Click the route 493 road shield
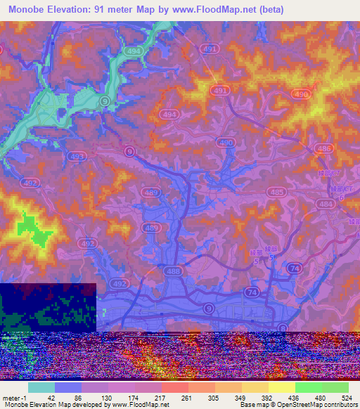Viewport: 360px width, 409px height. coord(77,156)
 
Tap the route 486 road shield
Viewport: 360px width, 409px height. coord(324,148)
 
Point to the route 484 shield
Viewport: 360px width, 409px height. coord(325,203)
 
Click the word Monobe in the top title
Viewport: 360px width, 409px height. coord(31,10)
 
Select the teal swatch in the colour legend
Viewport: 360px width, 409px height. coord(41,388)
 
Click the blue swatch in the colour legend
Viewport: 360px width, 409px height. coord(67,388)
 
